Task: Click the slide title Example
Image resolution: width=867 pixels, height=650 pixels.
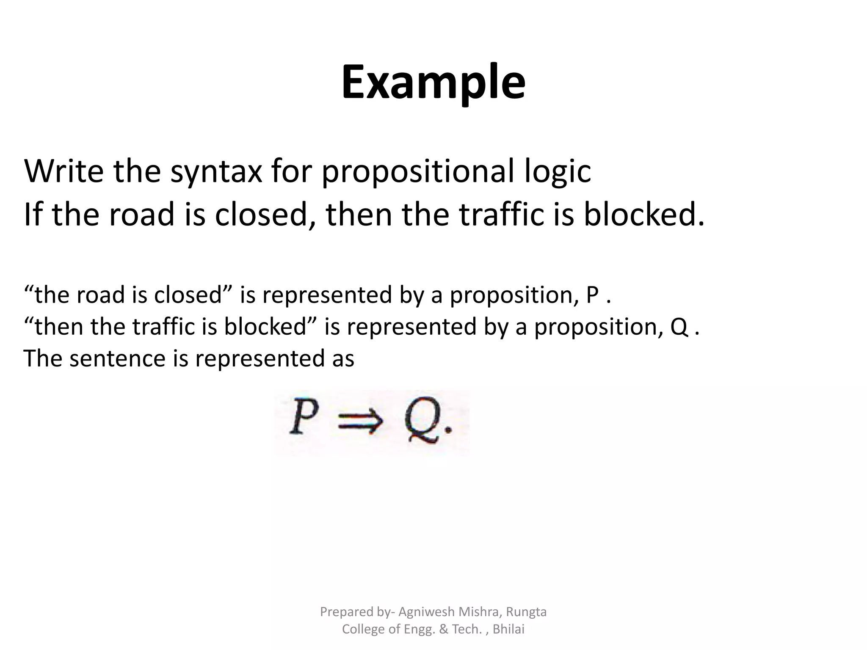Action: pyautogui.click(x=433, y=83)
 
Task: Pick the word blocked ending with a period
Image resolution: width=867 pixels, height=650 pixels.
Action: pyautogui.click(x=643, y=214)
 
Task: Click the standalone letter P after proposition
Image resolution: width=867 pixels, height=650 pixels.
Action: pyautogui.click(x=592, y=295)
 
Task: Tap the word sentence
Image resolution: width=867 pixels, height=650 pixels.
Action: pyautogui.click(x=117, y=358)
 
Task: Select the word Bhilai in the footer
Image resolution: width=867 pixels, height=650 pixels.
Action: pyautogui.click(x=508, y=629)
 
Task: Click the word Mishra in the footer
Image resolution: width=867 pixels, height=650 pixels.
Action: pyautogui.click(x=478, y=612)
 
